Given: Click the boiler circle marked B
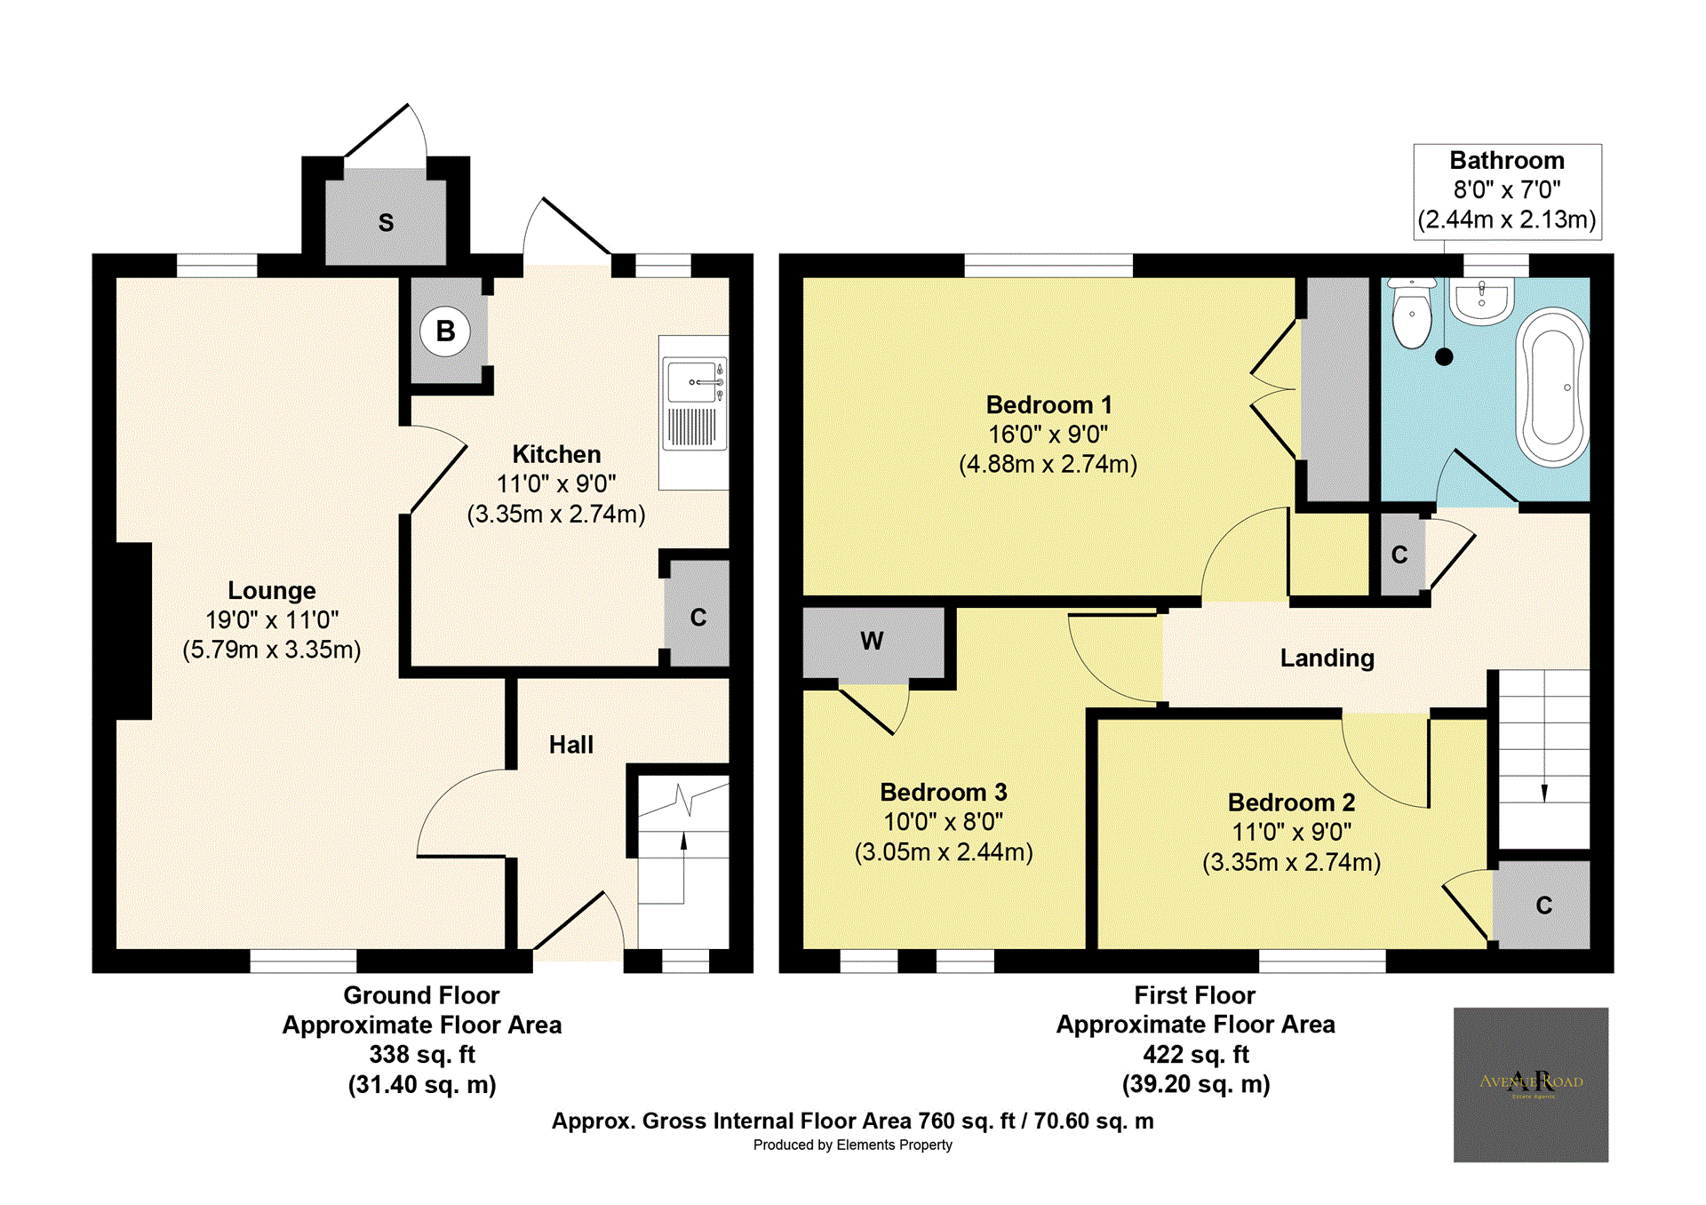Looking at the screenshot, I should [x=445, y=331].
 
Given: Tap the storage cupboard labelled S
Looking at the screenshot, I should [x=386, y=222].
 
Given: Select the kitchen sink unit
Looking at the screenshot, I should [x=695, y=404].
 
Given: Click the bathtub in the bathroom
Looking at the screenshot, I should [x=1553, y=387].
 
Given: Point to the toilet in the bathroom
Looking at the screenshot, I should [x=1411, y=315].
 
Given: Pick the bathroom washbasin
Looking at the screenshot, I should [x=1481, y=299].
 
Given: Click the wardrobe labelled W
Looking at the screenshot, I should [x=872, y=642].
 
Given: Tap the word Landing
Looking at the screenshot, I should [x=1327, y=658].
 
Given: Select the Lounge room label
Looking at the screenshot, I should [x=272, y=591].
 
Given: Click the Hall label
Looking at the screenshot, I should [x=570, y=745].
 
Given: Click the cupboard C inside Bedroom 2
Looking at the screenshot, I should [x=1543, y=906].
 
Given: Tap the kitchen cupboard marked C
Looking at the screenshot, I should [x=698, y=617].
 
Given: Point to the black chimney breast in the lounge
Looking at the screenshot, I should [x=133, y=631].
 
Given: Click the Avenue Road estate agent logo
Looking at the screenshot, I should [x=1530, y=1084].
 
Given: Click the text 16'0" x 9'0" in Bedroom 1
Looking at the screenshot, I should [x=1048, y=435].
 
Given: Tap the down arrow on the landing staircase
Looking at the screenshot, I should [x=1544, y=791].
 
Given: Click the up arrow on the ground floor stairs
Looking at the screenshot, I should [x=683, y=841].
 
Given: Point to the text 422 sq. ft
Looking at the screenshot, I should [x=1195, y=1055].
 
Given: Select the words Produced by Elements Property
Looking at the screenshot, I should [x=852, y=1145].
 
